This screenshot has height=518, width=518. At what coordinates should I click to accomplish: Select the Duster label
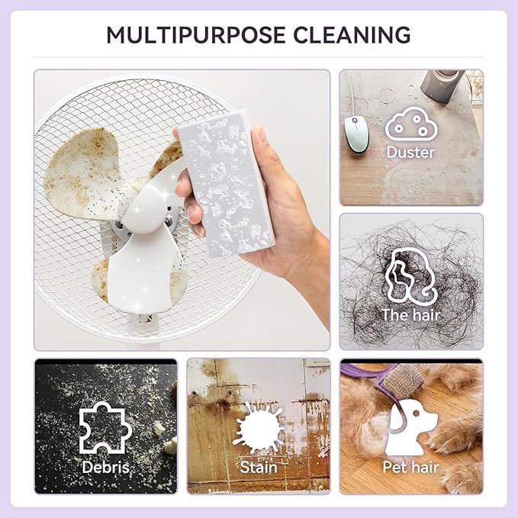(410, 152)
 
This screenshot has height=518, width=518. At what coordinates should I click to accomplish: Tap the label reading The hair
(410, 314)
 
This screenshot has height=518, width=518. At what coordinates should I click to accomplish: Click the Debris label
(105, 466)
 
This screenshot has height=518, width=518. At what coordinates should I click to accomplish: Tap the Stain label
(259, 466)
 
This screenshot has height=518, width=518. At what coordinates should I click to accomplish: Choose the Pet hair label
(410, 466)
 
